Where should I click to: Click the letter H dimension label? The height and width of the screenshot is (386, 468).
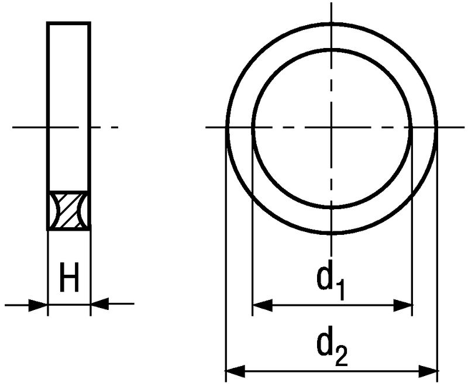tap(69, 277)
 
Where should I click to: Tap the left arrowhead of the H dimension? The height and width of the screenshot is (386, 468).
tap(38, 305)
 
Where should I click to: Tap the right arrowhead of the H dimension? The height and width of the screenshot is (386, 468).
tap(99, 304)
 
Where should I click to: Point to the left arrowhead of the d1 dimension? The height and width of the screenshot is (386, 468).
tap(263, 305)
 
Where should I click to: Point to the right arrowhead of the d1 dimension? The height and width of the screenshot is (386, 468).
tap(403, 305)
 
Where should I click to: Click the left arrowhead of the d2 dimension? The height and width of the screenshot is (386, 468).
tap(235, 371)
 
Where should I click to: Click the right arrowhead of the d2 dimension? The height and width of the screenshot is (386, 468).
tap(428, 371)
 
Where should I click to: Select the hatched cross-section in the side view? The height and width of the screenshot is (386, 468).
tap(69, 211)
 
